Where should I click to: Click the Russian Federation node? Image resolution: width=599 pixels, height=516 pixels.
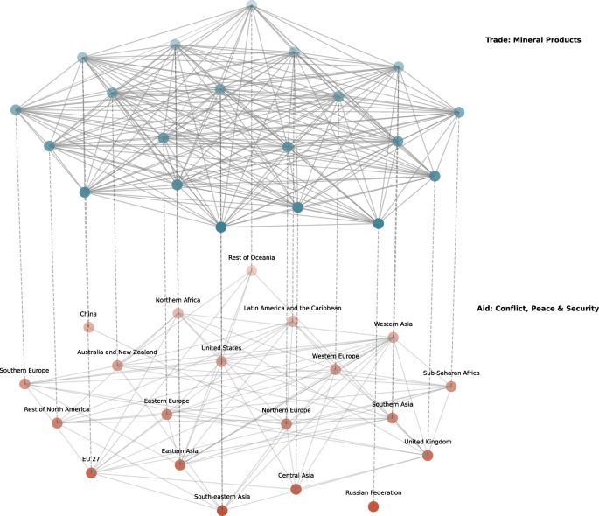tap(373, 506)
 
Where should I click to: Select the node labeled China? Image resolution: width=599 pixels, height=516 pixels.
tap(88, 327)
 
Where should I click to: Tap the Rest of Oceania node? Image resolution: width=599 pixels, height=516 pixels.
tap(252, 271)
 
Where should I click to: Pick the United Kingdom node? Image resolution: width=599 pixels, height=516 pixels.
tap(428, 456)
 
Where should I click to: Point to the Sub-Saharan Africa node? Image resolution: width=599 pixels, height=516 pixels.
tap(451, 387)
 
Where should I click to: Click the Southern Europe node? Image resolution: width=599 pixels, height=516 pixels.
tap(24, 384)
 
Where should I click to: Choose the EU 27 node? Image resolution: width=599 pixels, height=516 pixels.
tap(91, 473)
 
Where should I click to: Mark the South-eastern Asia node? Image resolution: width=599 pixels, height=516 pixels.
tap(222, 511)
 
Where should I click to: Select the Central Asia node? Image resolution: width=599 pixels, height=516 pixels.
tap(296, 489)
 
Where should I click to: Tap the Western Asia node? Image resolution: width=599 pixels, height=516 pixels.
tap(394, 338)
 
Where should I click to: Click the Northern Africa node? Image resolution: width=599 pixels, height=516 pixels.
tap(178, 313)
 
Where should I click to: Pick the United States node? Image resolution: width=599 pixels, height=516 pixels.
tap(221, 361)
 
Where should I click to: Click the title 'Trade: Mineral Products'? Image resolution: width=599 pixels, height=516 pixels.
tap(533, 39)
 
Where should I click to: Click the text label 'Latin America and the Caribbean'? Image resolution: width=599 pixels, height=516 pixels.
tap(292, 308)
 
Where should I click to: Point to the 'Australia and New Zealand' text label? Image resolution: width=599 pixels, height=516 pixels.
tap(116, 352)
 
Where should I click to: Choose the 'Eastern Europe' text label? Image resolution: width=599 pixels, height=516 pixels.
tap(167, 401)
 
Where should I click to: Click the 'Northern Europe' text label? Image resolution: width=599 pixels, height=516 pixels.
tap(287, 409)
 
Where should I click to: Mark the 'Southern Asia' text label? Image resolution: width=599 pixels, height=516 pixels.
tap(393, 404)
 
